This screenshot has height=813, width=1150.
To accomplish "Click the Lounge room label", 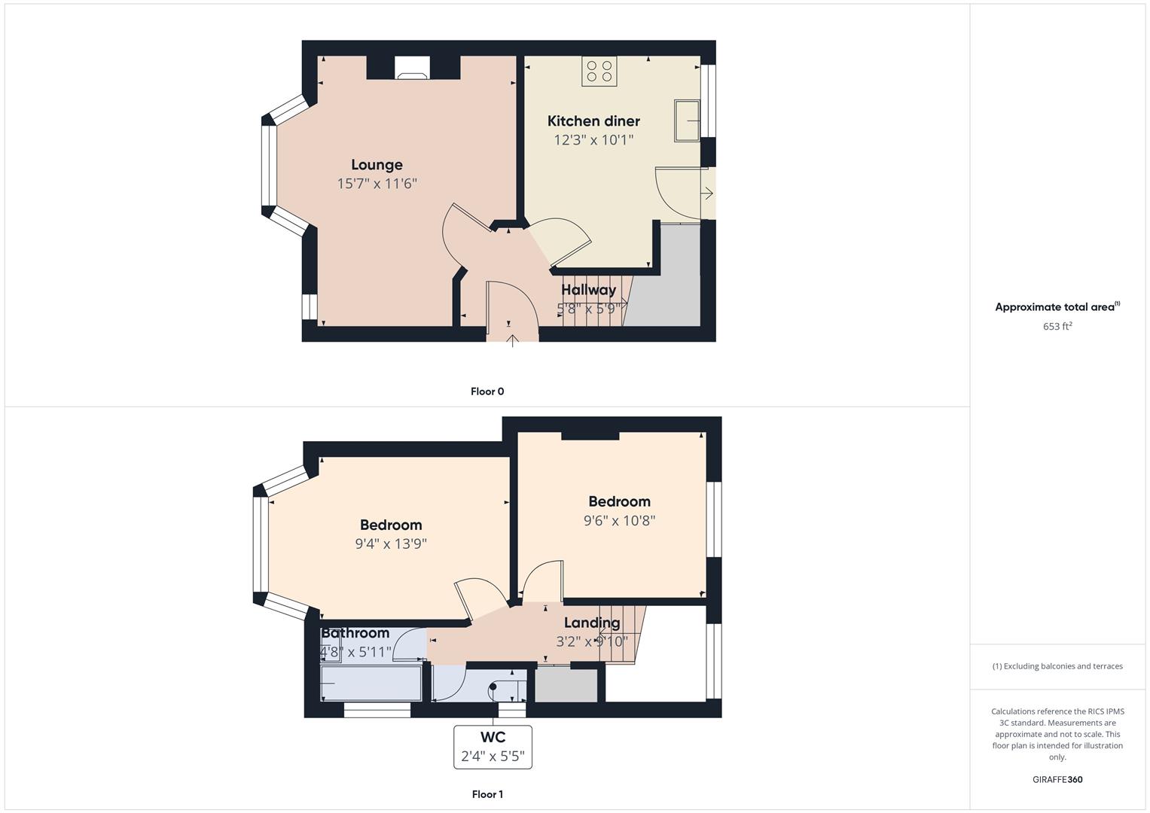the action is click(x=377, y=165).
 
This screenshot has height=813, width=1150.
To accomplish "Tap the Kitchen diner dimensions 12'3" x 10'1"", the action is click(x=593, y=139).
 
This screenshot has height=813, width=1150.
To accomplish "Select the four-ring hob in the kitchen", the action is click(x=599, y=71).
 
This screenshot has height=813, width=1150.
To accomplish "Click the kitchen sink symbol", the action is click(x=687, y=120).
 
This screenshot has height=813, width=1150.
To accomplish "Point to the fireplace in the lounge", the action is click(x=412, y=69).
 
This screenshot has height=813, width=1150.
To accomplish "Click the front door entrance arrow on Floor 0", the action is click(x=512, y=341).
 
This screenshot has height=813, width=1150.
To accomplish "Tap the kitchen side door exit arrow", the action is click(x=707, y=193).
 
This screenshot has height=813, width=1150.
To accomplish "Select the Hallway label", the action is click(x=588, y=290).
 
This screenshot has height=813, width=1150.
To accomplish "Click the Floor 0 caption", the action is click(x=487, y=391).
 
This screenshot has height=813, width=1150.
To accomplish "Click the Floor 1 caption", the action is click(x=487, y=794).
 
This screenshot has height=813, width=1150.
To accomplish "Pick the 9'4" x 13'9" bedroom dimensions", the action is click(x=391, y=544).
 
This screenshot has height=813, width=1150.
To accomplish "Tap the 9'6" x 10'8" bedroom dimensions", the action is click(x=619, y=520).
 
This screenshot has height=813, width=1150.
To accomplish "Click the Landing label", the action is click(x=592, y=623).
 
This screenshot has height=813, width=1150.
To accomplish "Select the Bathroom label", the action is click(x=355, y=633).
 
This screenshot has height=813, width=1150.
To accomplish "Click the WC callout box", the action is click(x=493, y=748).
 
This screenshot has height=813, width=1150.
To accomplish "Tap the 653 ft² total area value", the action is click(x=1057, y=326).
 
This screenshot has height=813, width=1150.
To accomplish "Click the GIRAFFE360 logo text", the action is click(x=1057, y=780).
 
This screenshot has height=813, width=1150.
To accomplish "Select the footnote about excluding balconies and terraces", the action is click(x=1057, y=666).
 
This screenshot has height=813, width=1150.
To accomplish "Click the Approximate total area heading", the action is click(x=1057, y=306).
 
